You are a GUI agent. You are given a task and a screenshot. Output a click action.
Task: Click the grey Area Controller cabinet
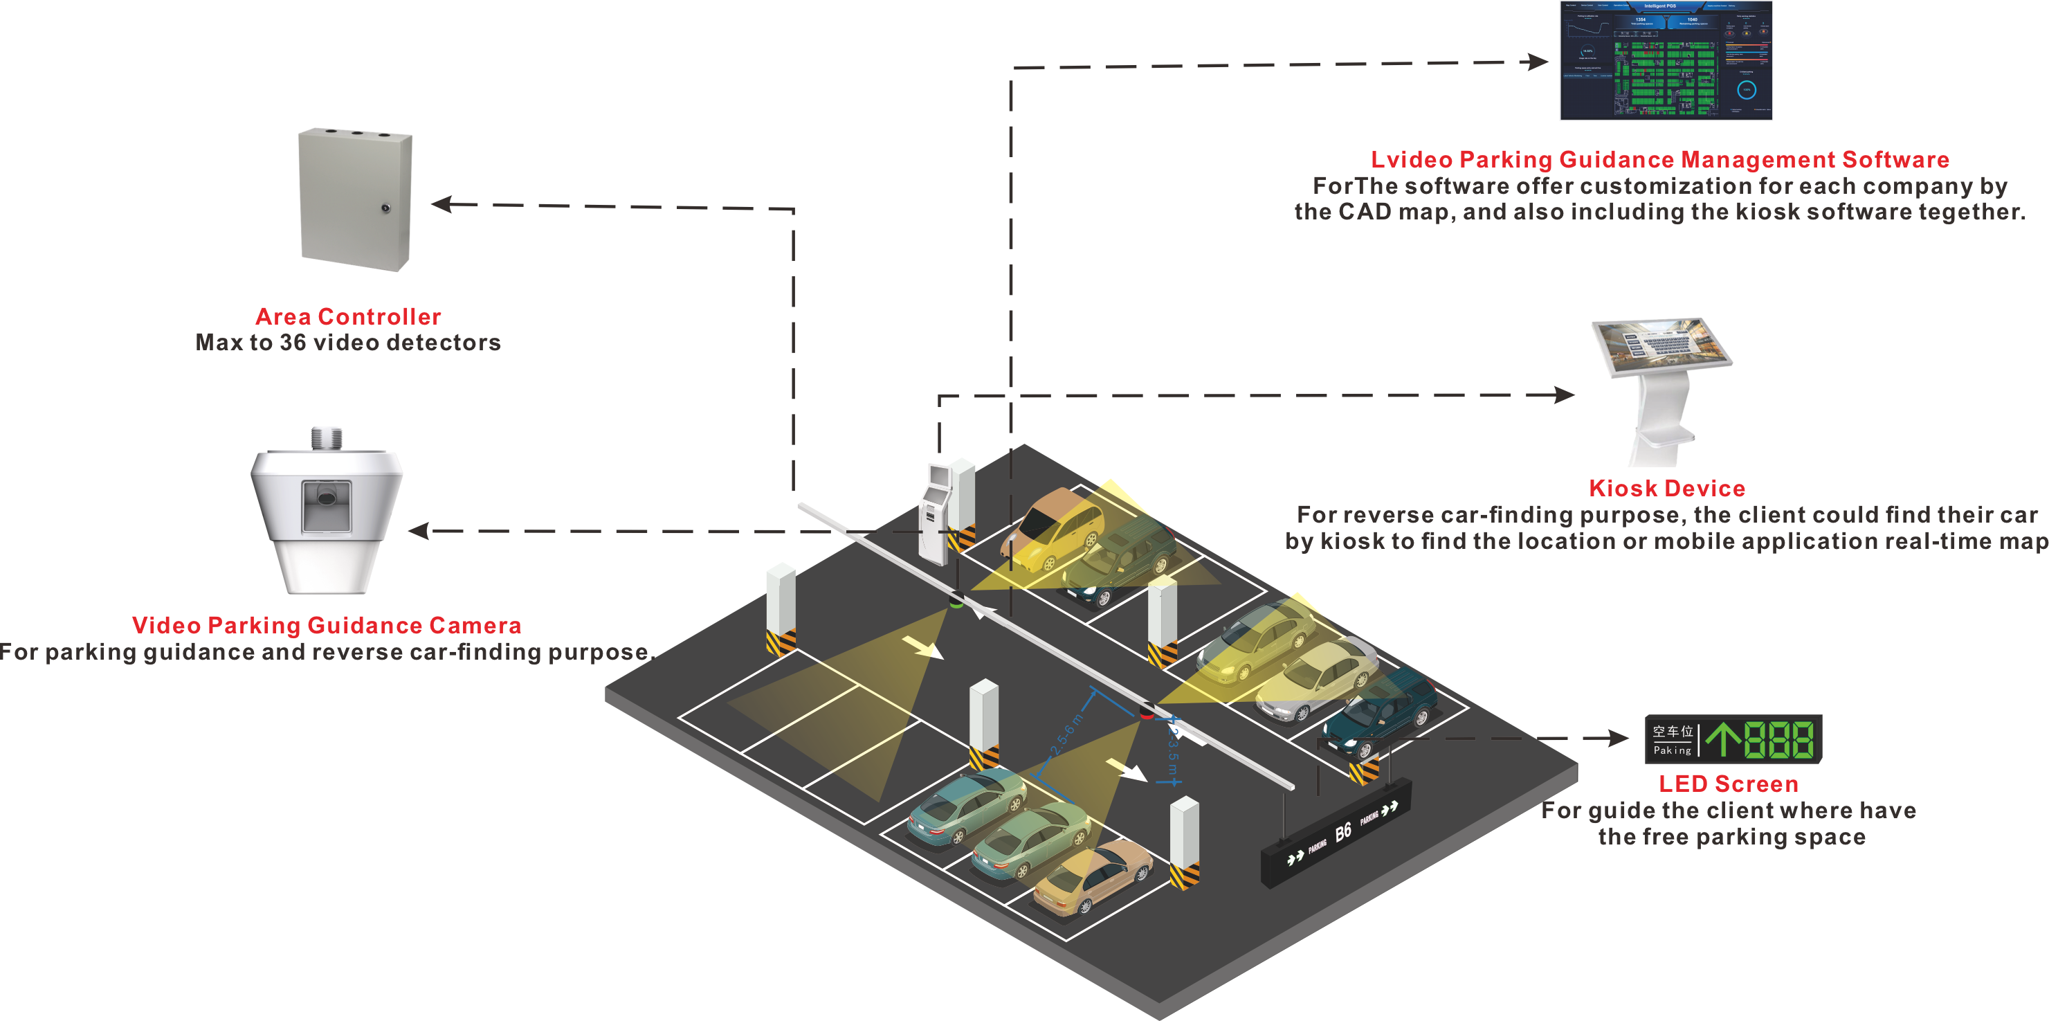(355, 199)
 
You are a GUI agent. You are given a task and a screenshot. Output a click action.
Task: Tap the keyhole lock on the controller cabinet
(385, 208)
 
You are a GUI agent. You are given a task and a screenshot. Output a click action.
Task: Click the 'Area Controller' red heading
(348, 317)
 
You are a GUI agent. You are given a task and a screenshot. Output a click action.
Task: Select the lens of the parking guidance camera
(326, 498)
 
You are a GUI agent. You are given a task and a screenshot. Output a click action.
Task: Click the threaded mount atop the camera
(326, 438)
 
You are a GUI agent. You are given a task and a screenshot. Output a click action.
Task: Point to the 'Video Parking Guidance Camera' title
(326, 626)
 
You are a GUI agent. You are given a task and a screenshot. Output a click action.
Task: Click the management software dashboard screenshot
(1666, 60)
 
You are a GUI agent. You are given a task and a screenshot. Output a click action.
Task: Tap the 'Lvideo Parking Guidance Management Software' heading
(1660, 160)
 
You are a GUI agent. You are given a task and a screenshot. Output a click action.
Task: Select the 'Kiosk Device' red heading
(1666, 489)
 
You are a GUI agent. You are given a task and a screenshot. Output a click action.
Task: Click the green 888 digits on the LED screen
(1779, 739)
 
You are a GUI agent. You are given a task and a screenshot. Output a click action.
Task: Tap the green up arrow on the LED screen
(1722, 739)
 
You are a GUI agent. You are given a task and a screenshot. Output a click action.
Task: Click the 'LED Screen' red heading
(1729, 784)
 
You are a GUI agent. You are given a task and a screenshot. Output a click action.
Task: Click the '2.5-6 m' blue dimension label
(1065, 736)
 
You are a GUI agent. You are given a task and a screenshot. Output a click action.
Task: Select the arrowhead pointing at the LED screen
(1619, 739)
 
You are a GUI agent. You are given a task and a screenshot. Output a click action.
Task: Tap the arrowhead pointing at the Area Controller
(441, 204)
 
